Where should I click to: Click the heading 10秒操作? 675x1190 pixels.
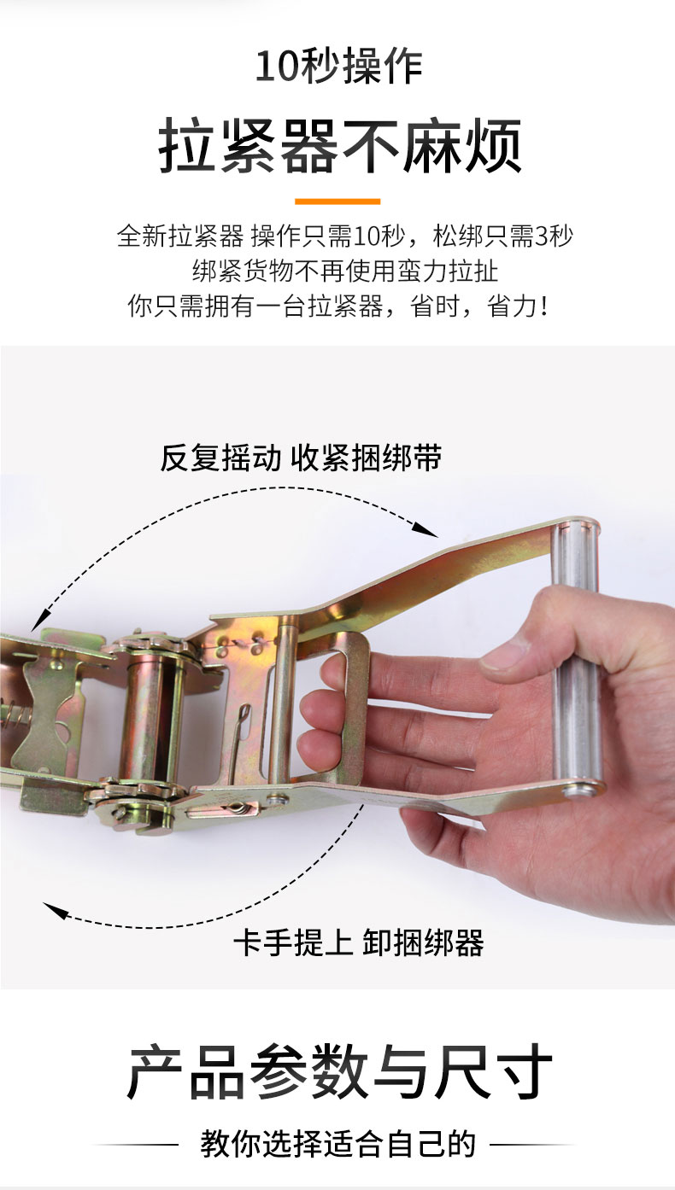(x=339, y=66)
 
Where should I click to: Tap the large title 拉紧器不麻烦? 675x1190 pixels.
(x=339, y=146)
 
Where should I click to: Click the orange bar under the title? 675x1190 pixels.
(x=337, y=201)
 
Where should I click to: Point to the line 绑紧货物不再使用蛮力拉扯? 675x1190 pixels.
(x=344, y=271)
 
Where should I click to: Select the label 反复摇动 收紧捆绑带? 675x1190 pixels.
(x=301, y=457)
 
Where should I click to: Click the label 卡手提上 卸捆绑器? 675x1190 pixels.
(x=359, y=943)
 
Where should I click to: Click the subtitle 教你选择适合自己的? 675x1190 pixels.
(x=338, y=1144)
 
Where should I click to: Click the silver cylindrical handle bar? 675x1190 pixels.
(x=577, y=659)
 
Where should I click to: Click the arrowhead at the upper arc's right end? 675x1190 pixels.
(x=426, y=530)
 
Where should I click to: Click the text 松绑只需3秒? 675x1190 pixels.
(x=503, y=236)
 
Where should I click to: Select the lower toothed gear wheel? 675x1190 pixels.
(x=139, y=795)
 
